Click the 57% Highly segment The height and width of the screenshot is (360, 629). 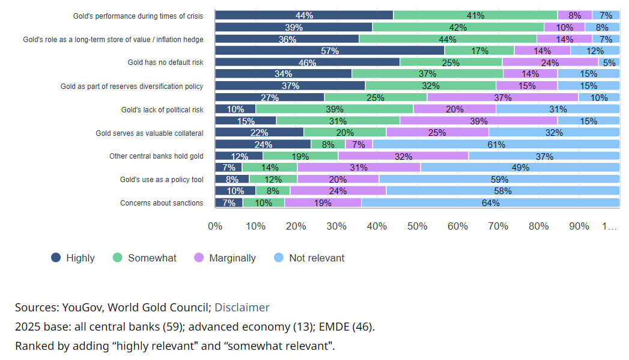coord(330,50)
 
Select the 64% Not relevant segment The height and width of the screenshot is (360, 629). coord(490,203)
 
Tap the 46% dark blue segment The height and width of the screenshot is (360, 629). coord(307,63)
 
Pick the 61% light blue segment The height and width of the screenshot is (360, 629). coord(496,144)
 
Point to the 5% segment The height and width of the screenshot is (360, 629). coord(609,63)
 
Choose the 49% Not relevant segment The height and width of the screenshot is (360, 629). coord(520,168)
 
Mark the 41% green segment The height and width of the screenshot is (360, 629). coord(475,16)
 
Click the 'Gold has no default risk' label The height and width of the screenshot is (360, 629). coord(165,63)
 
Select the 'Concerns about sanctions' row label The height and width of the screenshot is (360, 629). coord(162,203)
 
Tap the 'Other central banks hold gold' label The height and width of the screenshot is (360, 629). coord(156,156)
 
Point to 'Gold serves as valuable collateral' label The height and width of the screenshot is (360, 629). coord(150,133)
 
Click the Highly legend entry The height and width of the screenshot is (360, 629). coord(73,258)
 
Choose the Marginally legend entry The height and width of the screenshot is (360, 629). coord(225,258)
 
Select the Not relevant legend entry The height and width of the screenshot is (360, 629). coord(309,258)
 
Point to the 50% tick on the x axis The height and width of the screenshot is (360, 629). coord(417,227)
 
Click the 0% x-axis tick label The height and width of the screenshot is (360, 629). coord(215,227)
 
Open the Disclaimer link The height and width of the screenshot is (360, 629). coord(242,308)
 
